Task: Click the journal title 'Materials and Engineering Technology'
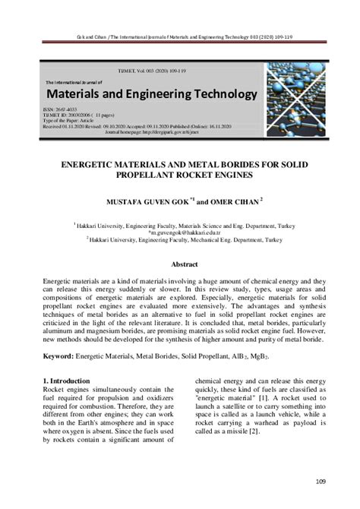150,94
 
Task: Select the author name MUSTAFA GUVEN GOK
134,202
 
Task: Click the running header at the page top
180,36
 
